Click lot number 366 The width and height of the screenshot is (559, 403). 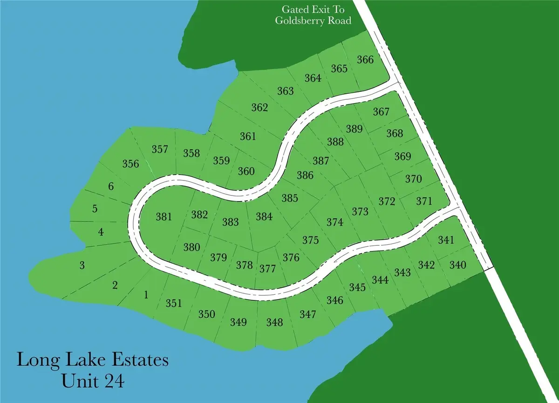[x=365, y=60]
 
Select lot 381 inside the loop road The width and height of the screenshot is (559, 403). [x=164, y=217]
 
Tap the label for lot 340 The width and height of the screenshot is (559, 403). [x=457, y=265]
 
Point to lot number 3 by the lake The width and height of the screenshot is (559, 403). [x=82, y=266]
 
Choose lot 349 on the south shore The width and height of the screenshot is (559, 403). [x=238, y=322]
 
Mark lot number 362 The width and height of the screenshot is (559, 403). [x=259, y=108]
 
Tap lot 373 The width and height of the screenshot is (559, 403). [x=360, y=212]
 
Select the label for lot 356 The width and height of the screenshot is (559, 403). [x=130, y=164]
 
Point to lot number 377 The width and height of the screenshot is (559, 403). [x=268, y=269]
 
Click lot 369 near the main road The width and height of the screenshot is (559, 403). [x=403, y=156]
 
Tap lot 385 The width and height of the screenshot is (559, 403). [x=289, y=198]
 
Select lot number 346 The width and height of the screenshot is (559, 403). [x=334, y=300]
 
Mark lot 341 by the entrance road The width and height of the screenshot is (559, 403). [x=446, y=240]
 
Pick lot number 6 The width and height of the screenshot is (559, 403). [x=110, y=187]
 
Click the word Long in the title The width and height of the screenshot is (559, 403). [x=35, y=361]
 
